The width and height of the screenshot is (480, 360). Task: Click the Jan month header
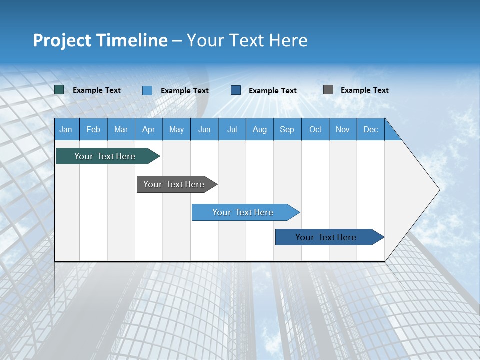(66, 129)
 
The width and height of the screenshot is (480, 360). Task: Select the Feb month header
(93, 129)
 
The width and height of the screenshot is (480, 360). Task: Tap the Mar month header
(121, 129)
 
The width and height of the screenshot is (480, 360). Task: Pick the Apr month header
(149, 129)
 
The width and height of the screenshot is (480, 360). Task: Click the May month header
(176, 129)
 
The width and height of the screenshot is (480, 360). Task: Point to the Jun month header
(204, 129)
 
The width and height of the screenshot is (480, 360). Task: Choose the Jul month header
(232, 129)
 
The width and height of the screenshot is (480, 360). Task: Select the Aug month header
(260, 129)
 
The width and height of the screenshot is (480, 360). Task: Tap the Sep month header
(287, 129)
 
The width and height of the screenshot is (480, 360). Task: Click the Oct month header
(315, 129)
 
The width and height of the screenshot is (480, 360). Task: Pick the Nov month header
(343, 129)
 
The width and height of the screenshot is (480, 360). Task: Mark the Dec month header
(371, 129)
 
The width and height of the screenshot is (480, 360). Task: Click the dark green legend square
(59, 90)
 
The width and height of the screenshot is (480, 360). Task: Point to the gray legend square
(328, 90)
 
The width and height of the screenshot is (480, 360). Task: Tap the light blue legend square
(147, 90)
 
